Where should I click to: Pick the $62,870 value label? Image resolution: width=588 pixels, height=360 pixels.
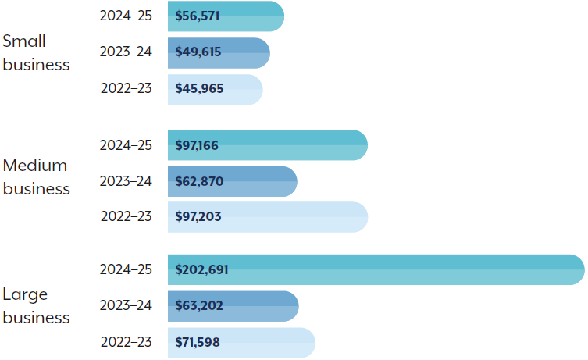pyautogui.click(x=199, y=182)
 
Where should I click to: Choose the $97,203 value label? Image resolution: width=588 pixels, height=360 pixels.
pyautogui.click(x=198, y=217)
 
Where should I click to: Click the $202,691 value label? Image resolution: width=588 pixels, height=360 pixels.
pyautogui.click(x=201, y=270)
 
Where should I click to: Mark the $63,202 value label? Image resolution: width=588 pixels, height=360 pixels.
pyautogui.click(x=199, y=306)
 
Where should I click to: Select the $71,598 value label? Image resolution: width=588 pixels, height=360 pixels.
pyautogui.click(x=199, y=342)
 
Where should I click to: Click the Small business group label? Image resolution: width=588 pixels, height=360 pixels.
pyautogui.click(x=36, y=53)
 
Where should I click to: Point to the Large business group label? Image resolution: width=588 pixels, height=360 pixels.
pyautogui.click(x=36, y=306)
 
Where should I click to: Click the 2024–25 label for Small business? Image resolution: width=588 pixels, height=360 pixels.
pyautogui.click(x=126, y=16)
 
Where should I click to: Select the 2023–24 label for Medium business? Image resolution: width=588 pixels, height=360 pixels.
pyautogui.click(x=126, y=181)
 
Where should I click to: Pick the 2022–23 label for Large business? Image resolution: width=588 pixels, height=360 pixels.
pyautogui.click(x=126, y=342)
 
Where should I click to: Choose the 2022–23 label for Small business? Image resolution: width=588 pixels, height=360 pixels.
pyautogui.click(x=126, y=88)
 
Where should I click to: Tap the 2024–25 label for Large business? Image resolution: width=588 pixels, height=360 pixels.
pyautogui.click(x=126, y=269)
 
